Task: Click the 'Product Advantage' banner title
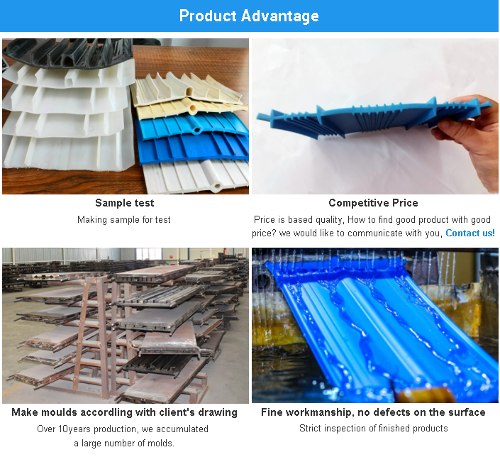tap(249, 16)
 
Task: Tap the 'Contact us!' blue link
tap(470, 233)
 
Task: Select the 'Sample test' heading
tap(125, 203)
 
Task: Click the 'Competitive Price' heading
tap(374, 203)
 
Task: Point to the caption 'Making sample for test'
tap(124, 219)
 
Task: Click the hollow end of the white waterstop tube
tap(218, 186)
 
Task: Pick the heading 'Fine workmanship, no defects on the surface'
tap(374, 412)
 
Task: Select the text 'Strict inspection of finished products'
tap(374, 429)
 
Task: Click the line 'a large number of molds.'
tap(124, 444)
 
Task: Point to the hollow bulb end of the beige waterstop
tap(193, 109)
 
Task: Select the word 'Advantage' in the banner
tap(280, 16)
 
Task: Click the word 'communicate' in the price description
tap(375, 233)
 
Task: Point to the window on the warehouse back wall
tap(149, 254)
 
